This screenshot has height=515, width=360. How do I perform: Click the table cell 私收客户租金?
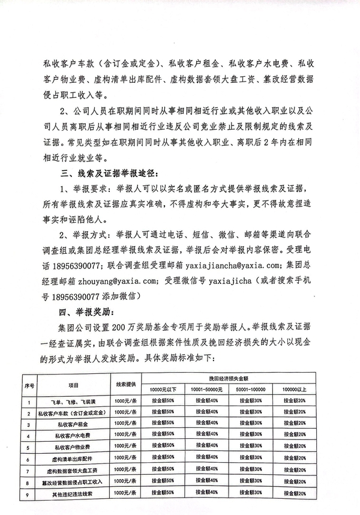[x=74, y=424]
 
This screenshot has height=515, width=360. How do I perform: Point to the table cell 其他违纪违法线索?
[x=74, y=493]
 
